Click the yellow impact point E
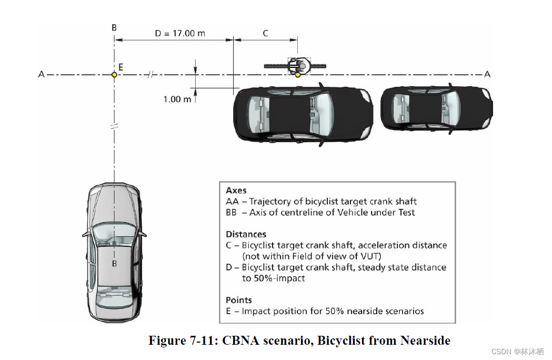(x=114, y=75)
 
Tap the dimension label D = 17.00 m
(x=179, y=33)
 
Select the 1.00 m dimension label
(x=177, y=99)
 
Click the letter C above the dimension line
(x=265, y=33)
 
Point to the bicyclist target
(x=297, y=65)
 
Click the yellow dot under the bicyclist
(x=298, y=75)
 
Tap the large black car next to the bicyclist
(x=303, y=114)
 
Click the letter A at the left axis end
(x=41, y=75)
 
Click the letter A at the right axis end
(x=487, y=74)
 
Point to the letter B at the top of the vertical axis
(x=114, y=27)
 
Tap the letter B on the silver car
(x=114, y=263)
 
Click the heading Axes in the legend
(x=236, y=191)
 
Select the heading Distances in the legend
(x=246, y=234)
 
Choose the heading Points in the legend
(x=239, y=300)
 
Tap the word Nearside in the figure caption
(x=425, y=341)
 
